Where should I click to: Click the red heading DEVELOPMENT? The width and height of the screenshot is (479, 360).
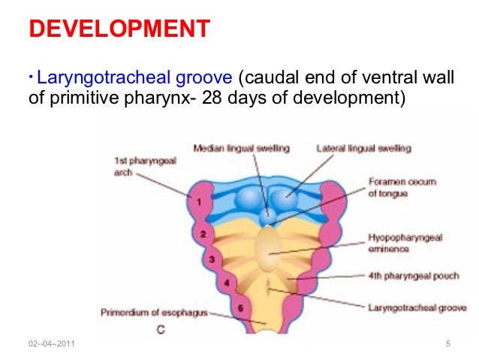[x=119, y=30]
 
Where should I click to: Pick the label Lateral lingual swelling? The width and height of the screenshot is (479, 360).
[x=363, y=149]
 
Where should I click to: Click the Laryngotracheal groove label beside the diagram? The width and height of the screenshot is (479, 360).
[x=414, y=307]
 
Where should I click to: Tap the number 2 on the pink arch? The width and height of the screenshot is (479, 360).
[x=203, y=234]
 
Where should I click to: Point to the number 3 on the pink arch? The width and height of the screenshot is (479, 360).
[x=212, y=259]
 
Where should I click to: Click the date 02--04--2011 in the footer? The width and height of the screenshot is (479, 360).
[x=54, y=345]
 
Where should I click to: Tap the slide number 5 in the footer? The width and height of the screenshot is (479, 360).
[x=447, y=345]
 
